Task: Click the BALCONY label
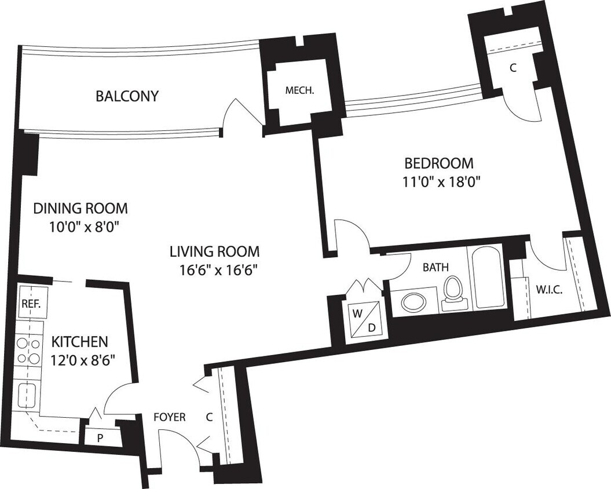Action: coord(126,96)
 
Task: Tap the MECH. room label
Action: coord(299,90)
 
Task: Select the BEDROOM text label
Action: coord(438,163)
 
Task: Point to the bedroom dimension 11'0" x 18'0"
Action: coord(442,182)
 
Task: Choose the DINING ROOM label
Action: coord(80,208)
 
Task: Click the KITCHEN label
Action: coord(79,341)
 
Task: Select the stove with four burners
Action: coord(28,349)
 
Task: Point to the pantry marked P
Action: coord(100,437)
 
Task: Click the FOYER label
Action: coord(169,417)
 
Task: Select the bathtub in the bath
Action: coord(490,278)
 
